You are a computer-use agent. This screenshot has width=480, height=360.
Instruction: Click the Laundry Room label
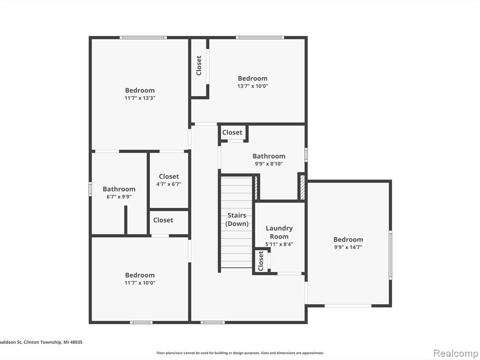[x=279, y=232]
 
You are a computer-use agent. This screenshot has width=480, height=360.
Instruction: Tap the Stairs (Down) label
[x=237, y=219]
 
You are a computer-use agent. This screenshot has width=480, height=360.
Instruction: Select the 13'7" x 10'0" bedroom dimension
[x=253, y=86]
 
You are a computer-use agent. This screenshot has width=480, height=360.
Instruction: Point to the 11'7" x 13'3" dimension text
[x=140, y=98]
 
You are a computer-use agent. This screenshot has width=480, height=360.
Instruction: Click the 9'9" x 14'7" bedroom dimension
[x=348, y=247]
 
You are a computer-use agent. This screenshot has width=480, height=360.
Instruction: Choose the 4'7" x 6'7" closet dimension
[x=169, y=184]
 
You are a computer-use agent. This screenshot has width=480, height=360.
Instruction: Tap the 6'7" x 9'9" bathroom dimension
[x=119, y=197]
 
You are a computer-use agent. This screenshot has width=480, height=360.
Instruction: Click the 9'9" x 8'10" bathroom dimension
[x=269, y=164]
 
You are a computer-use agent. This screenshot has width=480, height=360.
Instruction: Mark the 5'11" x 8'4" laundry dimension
[x=279, y=244]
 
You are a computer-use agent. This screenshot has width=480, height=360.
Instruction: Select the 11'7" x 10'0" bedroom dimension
[x=140, y=283]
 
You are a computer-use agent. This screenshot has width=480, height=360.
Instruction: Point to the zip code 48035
[x=76, y=342]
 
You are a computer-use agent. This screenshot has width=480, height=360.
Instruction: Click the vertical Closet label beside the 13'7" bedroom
[x=199, y=65]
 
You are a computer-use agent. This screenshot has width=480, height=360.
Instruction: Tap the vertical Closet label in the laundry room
[x=261, y=261]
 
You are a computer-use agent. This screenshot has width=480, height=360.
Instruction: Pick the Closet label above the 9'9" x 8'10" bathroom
[x=232, y=133]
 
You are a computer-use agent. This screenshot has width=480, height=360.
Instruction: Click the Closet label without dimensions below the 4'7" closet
[x=163, y=220]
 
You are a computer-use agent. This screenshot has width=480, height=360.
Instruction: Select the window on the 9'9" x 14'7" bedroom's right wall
[x=390, y=255]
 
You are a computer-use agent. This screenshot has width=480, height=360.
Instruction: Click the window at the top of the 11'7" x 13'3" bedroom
[x=143, y=37]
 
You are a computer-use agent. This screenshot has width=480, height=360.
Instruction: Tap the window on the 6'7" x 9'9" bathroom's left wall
[x=90, y=189]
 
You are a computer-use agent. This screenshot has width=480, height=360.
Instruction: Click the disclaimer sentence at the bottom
[x=240, y=353]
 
